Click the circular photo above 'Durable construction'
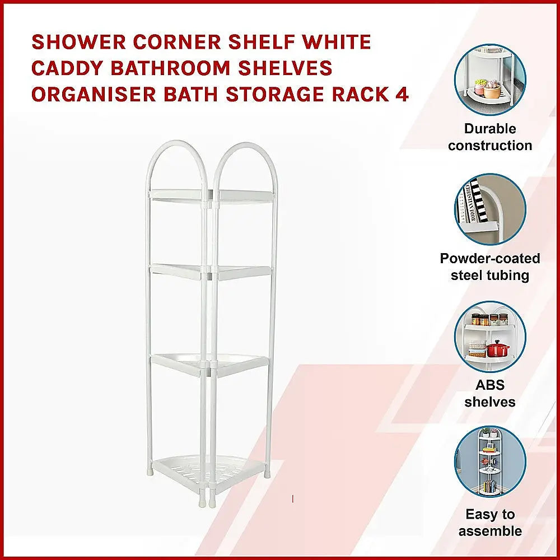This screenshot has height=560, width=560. pyautogui.click(x=489, y=80)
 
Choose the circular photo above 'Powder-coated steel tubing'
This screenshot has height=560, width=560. pyautogui.click(x=489, y=209)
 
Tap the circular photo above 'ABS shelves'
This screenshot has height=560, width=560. pyautogui.click(x=489, y=337)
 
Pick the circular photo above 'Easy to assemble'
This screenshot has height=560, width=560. pyautogui.click(x=489, y=462)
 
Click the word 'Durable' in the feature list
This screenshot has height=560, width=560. pyautogui.click(x=489, y=129)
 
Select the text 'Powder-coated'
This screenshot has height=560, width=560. pyautogui.click(x=489, y=258)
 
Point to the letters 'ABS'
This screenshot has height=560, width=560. pyautogui.click(x=489, y=385)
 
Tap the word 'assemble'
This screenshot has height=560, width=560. pyautogui.click(x=489, y=531)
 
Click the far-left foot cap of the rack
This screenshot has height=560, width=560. pyautogui.click(x=152, y=470)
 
